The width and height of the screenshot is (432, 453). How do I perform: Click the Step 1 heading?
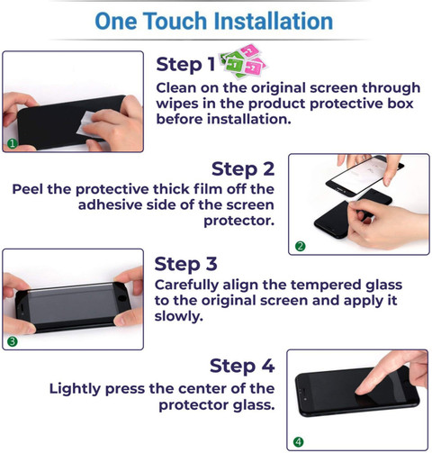pos(185,65)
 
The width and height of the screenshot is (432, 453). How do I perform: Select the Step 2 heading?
pos(243,169)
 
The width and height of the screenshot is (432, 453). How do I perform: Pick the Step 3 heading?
pos(185,265)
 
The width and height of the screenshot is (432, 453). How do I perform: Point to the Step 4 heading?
pos(242,367)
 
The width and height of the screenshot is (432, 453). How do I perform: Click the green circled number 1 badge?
pos(13,144)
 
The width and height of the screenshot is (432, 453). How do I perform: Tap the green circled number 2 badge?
pos(301,247)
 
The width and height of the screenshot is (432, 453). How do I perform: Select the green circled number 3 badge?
pos(13,341)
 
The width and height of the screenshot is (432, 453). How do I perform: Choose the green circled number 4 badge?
pos(299,441)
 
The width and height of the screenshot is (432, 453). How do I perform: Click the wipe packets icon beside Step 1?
pos(244,61)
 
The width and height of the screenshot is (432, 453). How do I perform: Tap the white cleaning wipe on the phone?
pos(86,123)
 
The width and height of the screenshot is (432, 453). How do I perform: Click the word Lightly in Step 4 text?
pos(75,389)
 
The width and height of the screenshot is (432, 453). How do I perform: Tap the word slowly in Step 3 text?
pos(179,316)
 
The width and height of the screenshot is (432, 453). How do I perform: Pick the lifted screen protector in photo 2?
pos(364,175)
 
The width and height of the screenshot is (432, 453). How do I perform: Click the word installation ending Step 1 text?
pos(249,119)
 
